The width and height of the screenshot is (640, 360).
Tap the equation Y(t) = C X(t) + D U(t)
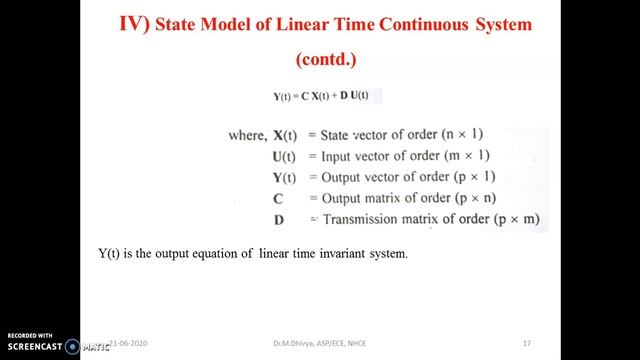[x=321, y=96]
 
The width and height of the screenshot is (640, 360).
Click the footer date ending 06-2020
[x=131, y=343]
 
